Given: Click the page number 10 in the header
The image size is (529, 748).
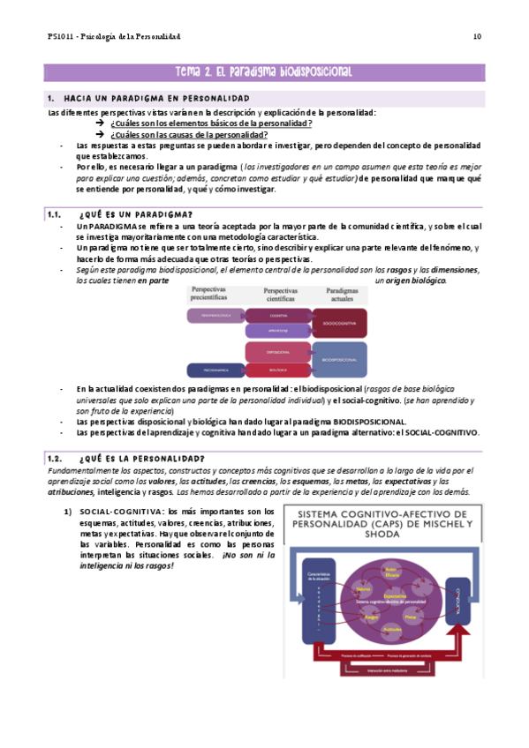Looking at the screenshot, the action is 477,36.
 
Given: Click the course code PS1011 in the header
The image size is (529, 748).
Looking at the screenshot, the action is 60,36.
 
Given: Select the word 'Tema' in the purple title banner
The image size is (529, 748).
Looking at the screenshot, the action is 191,72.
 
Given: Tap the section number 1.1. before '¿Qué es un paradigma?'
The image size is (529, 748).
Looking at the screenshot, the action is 57,214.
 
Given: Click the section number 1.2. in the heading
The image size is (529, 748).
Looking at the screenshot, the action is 57,459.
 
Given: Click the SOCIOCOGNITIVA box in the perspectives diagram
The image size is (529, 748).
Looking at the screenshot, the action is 340,323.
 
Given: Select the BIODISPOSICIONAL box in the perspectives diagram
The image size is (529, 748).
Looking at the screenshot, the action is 340,360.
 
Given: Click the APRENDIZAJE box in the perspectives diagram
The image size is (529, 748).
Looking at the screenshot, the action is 278,332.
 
